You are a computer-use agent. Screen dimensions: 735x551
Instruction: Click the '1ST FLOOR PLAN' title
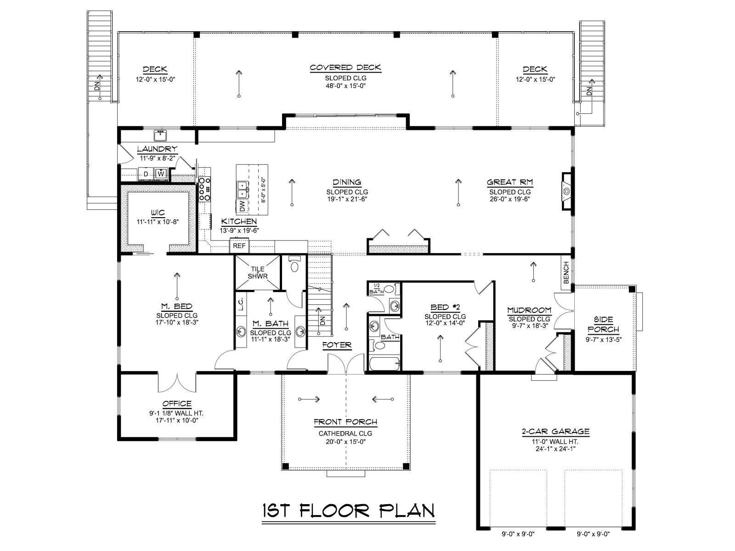click(348, 511)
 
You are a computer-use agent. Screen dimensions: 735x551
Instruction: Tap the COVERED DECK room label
click(345, 67)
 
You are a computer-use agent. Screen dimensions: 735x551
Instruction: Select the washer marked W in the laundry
click(161, 174)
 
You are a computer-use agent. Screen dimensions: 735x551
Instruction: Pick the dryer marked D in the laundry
click(146, 174)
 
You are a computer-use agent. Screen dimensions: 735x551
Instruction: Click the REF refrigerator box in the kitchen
click(239, 246)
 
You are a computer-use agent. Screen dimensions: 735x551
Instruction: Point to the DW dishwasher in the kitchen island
click(242, 206)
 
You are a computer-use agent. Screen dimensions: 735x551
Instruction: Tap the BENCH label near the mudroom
click(566, 273)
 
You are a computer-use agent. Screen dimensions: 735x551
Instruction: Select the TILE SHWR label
click(258, 273)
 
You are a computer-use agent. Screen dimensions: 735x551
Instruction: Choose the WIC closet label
click(158, 213)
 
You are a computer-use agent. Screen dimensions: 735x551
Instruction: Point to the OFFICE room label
click(177, 404)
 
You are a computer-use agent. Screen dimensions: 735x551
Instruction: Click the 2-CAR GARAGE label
click(555, 432)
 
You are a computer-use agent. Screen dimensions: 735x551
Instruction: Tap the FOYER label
click(337, 345)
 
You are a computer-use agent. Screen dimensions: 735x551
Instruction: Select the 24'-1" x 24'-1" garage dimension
click(555, 449)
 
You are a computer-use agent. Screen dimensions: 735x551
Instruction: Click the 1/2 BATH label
click(377, 289)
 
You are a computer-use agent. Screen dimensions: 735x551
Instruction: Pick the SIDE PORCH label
click(604, 325)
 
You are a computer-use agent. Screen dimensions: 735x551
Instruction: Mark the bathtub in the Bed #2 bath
click(385, 364)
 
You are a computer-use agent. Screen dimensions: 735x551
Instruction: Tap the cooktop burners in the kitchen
click(204, 189)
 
